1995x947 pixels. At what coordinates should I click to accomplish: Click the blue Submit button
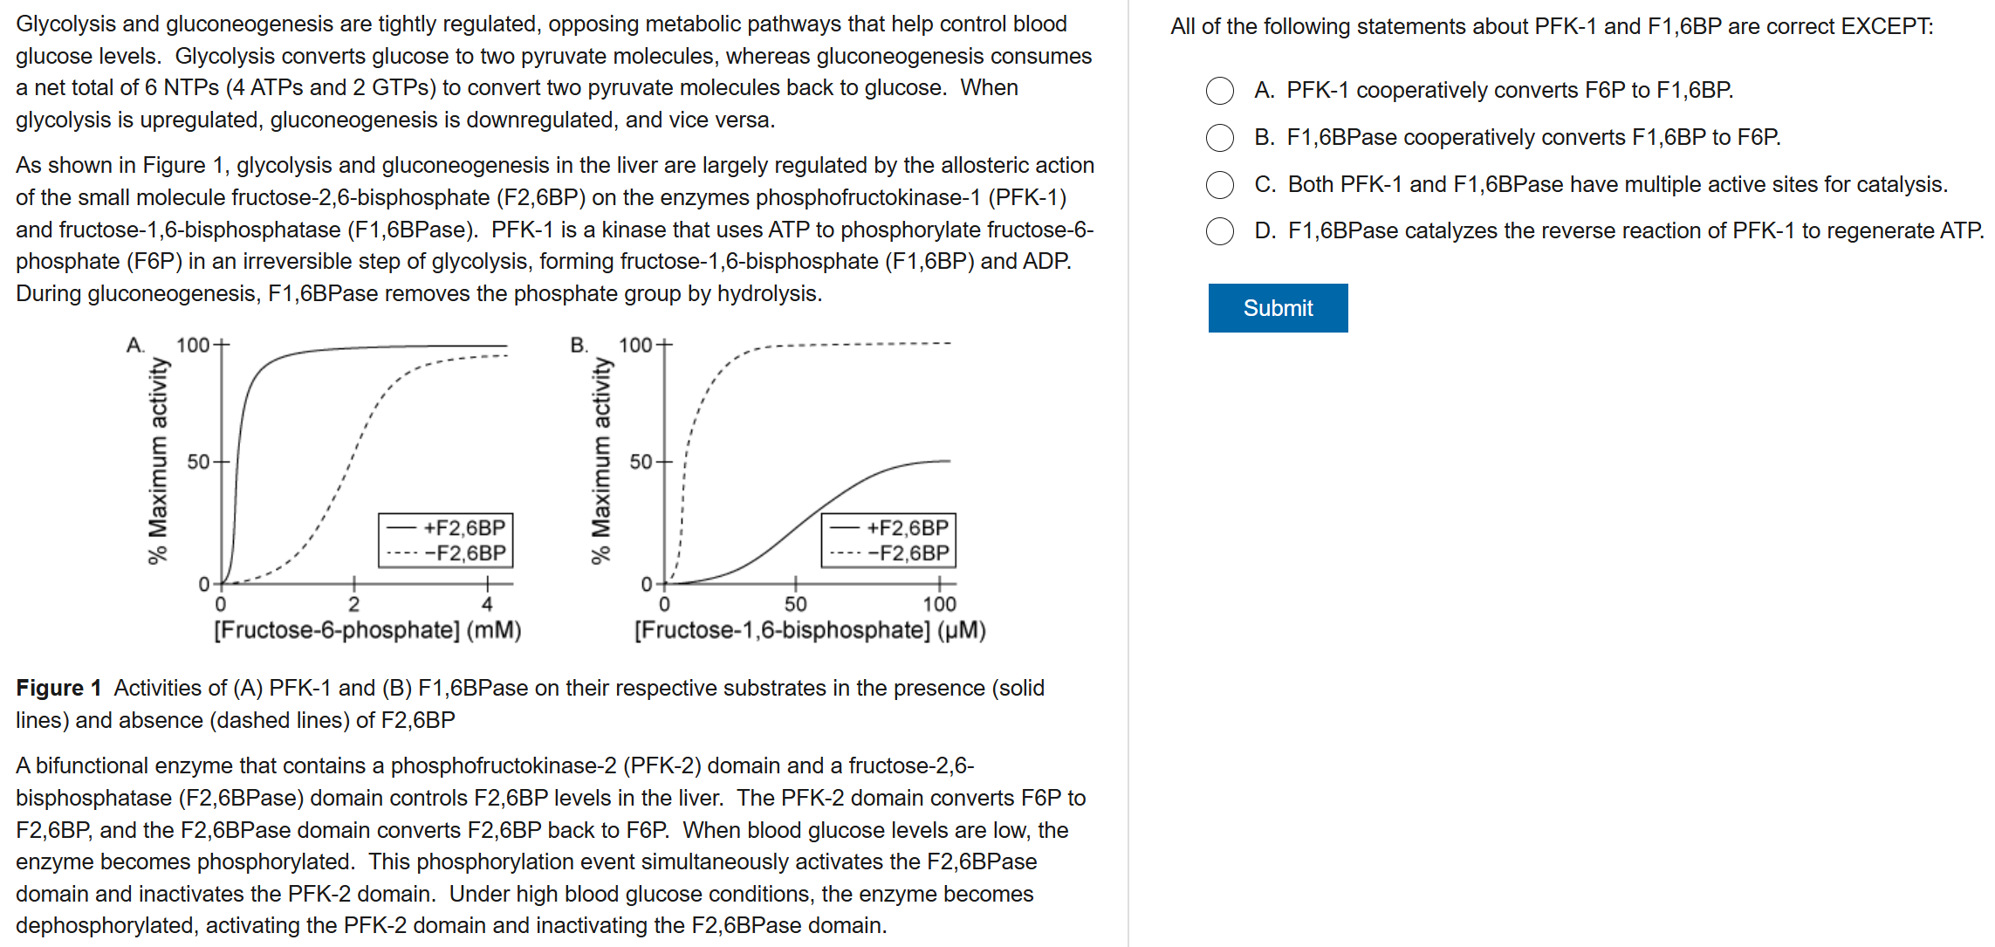click(1278, 308)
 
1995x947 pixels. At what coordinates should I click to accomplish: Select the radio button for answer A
click(1219, 91)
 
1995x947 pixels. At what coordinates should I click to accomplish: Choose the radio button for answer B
click(1219, 138)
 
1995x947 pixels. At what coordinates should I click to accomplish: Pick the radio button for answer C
click(1219, 185)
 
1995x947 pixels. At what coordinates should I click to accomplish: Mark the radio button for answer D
click(1219, 231)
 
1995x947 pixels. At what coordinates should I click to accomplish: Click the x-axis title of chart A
click(367, 630)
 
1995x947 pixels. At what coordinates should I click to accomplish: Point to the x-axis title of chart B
click(810, 630)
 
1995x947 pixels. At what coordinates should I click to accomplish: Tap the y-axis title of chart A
click(157, 461)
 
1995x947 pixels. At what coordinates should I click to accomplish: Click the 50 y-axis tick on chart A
click(199, 462)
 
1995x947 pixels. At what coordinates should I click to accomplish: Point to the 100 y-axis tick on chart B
click(635, 345)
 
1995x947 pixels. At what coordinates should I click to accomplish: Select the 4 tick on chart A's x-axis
click(487, 604)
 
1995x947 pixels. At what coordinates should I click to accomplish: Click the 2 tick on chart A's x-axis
click(353, 604)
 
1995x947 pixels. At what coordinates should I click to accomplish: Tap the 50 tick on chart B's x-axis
click(795, 604)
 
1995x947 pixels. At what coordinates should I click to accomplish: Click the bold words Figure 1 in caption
click(58, 689)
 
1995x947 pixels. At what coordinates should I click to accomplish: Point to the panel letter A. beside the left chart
click(135, 345)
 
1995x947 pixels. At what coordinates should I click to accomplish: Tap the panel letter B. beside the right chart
click(579, 345)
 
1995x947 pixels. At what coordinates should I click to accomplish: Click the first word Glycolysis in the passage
click(65, 24)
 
